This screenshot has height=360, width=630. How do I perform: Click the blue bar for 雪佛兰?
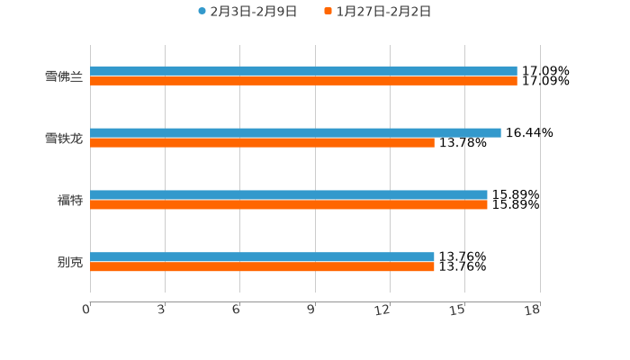pyautogui.click(x=303, y=70)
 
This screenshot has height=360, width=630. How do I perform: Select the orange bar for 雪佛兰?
pyautogui.click(x=303, y=80)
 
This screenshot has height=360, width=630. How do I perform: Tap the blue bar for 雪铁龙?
pyautogui.click(x=295, y=132)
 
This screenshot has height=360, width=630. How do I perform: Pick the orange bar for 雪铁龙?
pyautogui.click(x=262, y=142)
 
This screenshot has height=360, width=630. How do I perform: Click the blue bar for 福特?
pyautogui.click(x=288, y=194)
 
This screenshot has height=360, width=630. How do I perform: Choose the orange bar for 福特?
pyautogui.click(x=288, y=204)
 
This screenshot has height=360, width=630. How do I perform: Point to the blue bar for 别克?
pyautogui.click(x=262, y=256)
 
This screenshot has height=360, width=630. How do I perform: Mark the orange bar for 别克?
pyautogui.click(x=262, y=266)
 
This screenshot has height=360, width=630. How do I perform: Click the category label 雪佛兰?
pyautogui.click(x=64, y=76)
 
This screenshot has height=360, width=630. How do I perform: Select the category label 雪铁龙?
pyautogui.click(x=64, y=138)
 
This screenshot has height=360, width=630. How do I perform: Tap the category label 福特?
pyautogui.click(x=70, y=200)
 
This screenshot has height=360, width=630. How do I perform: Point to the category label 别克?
pyautogui.click(x=70, y=262)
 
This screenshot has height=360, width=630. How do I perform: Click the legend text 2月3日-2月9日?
pyautogui.click(x=253, y=12)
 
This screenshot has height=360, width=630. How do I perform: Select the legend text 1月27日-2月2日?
pyautogui.click(x=383, y=12)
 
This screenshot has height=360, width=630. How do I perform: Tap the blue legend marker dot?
pyautogui.click(x=202, y=12)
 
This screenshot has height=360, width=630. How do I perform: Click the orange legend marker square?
pyautogui.click(x=328, y=12)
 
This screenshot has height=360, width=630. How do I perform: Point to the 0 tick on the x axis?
pyautogui.click(x=86, y=310)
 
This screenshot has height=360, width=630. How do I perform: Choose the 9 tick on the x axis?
pyautogui.click(x=311, y=310)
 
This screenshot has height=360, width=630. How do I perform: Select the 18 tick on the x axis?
pyautogui.click(x=533, y=310)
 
